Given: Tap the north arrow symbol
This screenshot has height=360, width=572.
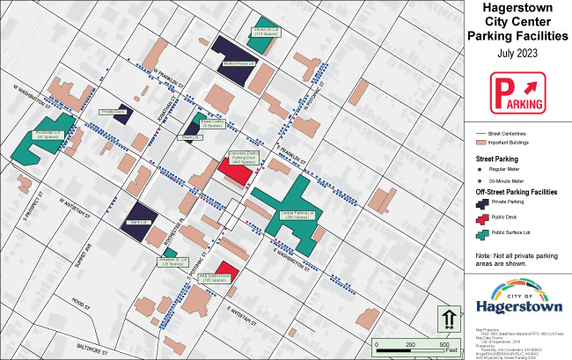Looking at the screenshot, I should [x=447, y=318].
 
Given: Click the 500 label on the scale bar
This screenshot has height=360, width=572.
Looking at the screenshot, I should [x=445, y=342].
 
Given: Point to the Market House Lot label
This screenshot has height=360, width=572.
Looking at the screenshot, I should [x=238, y=64].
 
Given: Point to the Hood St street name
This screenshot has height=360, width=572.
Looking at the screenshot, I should [x=82, y=299].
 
